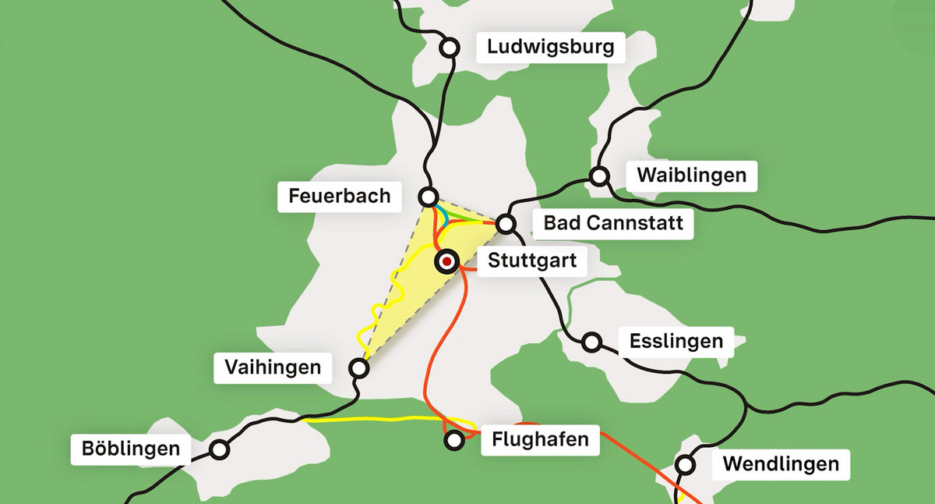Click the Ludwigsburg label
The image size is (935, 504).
click(551, 48)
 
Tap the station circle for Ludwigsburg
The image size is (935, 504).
click(449, 48)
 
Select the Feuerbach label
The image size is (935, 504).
click(340, 195)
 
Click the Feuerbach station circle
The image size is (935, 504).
click(428, 196)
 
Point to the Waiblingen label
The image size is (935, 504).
click(691, 176)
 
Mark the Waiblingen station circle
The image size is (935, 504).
click(599, 176)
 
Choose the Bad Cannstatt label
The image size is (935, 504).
click(613, 225)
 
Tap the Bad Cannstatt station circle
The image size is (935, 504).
click(506, 225)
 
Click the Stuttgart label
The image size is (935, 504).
click(532, 261)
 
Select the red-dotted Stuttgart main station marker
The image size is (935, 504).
click(446, 262)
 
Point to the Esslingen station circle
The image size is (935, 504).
click(591, 342)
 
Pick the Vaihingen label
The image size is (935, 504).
click(273, 367)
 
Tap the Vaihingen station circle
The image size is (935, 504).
click(358, 367)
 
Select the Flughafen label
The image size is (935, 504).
click(540, 440)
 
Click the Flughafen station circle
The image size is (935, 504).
click(453, 441)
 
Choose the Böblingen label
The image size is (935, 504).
click(131, 449)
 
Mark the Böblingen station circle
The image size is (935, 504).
click(220, 449)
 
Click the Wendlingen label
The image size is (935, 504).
click(781, 465)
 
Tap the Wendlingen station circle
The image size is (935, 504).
click(686, 465)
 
